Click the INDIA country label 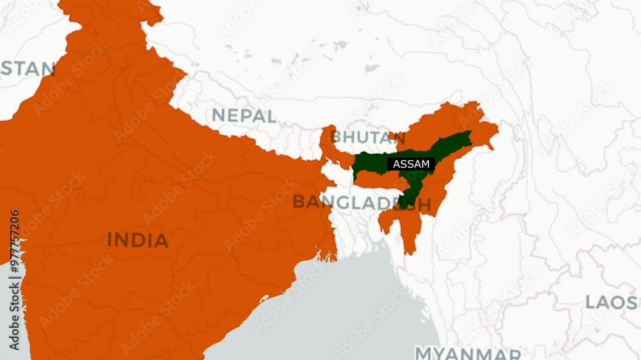[137, 240]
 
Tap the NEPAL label [244, 116]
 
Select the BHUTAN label [363, 137]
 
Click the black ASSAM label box [410, 164]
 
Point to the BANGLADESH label [361, 202]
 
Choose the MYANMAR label [468, 353]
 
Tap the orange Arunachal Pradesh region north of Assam [462, 122]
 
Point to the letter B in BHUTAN [337, 137]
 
